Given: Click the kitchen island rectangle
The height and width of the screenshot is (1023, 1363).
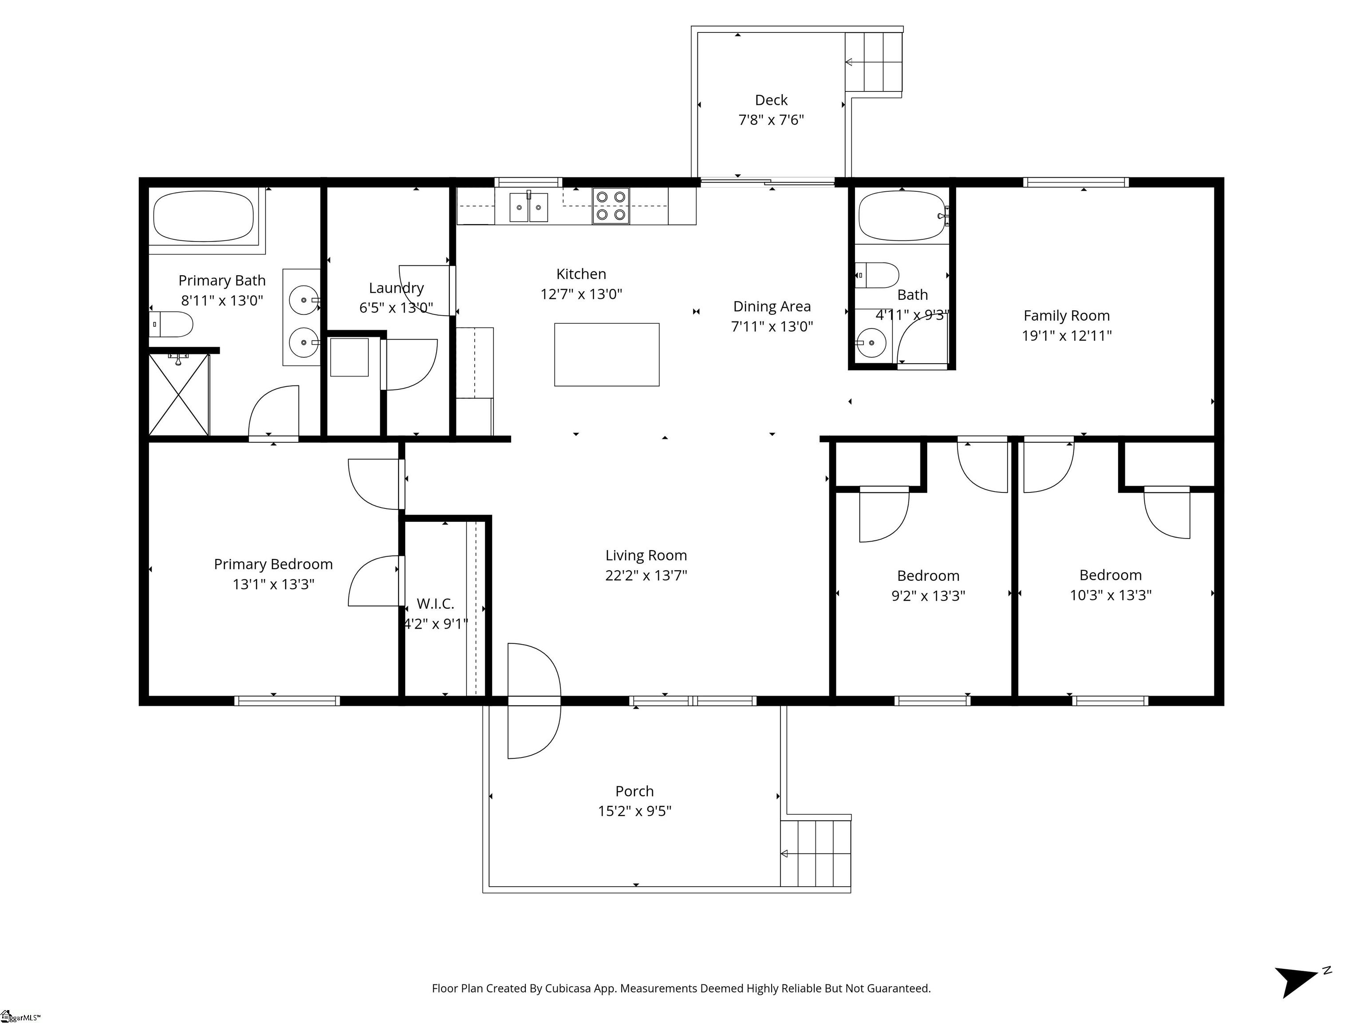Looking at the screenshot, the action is coord(607,355).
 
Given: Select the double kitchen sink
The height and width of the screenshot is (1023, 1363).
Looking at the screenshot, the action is coord(529,206).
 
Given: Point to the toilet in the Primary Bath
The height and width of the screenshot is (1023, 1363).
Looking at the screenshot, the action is coord(171,324).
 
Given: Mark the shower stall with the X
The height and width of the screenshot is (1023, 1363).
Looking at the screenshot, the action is coord(179,395).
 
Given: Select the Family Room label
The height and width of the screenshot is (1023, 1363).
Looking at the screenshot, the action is coord(1067,316).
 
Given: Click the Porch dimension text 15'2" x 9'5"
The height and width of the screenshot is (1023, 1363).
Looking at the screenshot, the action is coord(634,811).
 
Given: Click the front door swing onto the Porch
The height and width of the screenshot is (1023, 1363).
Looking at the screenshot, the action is coord(534,701).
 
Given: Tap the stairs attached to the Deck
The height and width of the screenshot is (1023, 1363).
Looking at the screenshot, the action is coord(873,62).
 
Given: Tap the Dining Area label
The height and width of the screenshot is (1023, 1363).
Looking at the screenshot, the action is coord(772,306).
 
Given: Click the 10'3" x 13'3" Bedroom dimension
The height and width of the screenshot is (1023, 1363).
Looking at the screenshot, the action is coord(1111,595).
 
